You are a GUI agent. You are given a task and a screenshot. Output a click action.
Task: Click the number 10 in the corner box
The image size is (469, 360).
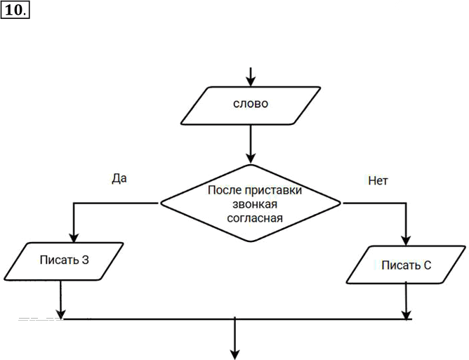coord(13,11)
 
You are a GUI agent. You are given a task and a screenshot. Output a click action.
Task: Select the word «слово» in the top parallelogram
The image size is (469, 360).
coord(251,104)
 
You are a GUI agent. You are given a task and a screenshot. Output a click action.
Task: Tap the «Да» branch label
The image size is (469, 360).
coord(119,178)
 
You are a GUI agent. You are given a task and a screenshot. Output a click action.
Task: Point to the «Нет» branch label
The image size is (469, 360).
coord(378,180)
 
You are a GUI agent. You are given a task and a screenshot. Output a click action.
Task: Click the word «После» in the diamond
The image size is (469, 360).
coord(225,190)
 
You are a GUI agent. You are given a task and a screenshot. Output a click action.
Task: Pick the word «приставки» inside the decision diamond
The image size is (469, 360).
coord(273,191)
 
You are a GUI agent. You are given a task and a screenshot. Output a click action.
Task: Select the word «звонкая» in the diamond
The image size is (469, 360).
coord(255,204)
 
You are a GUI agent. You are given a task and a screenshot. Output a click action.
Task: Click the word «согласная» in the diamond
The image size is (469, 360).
coord(255,218)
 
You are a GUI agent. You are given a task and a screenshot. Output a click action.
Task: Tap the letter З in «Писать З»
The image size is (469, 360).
coord(86,260)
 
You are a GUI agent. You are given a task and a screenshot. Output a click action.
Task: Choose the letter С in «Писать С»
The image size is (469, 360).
coord(427,265)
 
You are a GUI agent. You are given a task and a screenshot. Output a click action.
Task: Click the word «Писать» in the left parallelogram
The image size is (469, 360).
coord(59,260)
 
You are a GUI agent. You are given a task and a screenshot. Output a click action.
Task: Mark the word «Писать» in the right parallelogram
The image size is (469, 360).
coord(400,265)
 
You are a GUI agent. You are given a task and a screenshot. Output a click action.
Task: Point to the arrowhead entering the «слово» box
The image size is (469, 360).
coord(251,81)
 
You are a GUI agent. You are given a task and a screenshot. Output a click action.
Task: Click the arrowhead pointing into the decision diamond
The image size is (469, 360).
coord(251,159)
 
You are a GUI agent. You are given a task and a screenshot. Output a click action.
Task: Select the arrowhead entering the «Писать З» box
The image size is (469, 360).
coord(74,238)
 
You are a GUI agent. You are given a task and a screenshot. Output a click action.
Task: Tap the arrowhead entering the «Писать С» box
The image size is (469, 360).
coord(406,241)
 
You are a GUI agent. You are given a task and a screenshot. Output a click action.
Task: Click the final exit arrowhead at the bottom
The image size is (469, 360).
coord(235,354)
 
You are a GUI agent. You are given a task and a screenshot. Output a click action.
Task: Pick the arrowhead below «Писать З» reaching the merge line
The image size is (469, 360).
coord(60,314)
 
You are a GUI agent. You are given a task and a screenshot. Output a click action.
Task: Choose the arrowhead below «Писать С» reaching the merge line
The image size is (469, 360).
coord(406,315)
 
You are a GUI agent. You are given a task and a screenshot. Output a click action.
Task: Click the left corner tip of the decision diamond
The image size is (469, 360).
coord(161,203)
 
